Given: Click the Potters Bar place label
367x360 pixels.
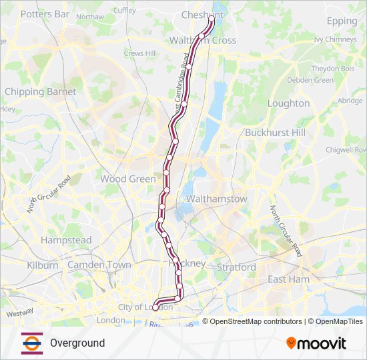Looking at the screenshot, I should pos(45,13).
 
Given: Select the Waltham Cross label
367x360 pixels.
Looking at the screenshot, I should pos(203,40).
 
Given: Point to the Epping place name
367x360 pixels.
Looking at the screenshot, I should pos(342,21).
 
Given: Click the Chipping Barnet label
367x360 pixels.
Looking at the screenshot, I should pos(40,91).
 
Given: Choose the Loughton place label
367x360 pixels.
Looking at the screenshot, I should pos(288,103).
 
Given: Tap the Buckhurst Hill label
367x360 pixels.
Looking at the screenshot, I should pos(275,132).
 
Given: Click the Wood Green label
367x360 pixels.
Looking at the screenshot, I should pos(127,179).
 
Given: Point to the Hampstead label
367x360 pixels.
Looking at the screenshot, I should pos(66,240).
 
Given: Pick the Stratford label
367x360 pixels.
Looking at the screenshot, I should pos(236,267).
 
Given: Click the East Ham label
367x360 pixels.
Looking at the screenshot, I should pos(288,279).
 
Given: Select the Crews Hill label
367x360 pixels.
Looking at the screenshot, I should pos(139,53).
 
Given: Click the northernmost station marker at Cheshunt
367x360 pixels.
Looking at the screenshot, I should pos(212,20).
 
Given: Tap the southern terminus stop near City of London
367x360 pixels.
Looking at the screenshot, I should pos(155,307).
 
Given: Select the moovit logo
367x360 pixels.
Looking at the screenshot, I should pos(316,343).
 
